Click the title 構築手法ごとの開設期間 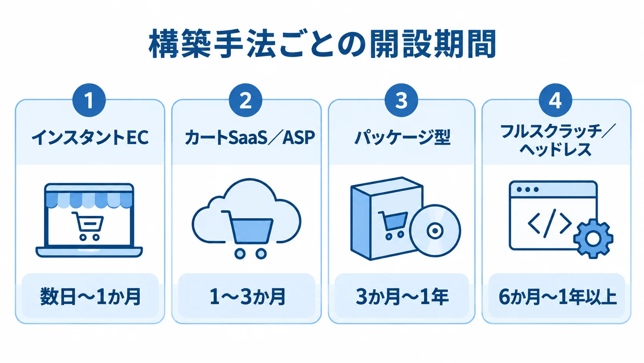point(322,44)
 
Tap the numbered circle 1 point(89,100)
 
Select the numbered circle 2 point(245,100)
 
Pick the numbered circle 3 point(401,100)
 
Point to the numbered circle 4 point(555,100)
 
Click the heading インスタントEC point(90,137)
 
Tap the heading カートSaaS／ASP point(250,137)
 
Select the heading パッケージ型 point(402,137)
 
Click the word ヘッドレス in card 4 point(555,150)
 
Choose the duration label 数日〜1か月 point(90,297)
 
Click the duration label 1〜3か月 point(247,297)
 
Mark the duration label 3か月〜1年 point(402,297)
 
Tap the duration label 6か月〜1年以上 point(557,297)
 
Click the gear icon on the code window point(593,239)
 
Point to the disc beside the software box point(435,231)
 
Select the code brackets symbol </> point(549,223)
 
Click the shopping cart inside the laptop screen point(88,226)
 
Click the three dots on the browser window point(528,189)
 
